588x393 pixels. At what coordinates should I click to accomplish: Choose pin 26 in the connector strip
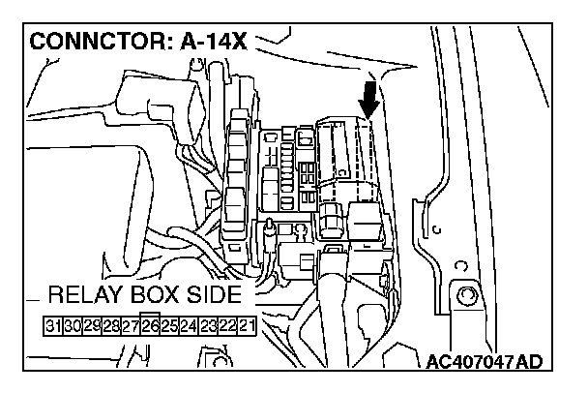click(149, 324)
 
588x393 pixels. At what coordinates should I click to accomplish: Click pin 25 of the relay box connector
click(168, 324)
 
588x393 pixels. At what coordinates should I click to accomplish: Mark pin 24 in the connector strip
click(189, 324)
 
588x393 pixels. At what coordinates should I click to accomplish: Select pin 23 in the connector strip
click(209, 324)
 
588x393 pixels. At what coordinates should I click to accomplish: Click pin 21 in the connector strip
click(248, 324)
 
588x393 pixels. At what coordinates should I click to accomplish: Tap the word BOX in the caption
click(159, 295)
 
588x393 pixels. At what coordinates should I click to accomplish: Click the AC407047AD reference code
click(485, 363)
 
